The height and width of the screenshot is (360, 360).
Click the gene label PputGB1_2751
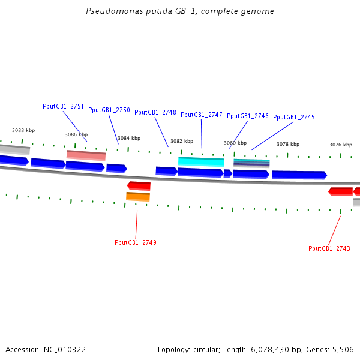63,106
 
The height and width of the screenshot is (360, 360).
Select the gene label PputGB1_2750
109,110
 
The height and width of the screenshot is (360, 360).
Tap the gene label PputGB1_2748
155,112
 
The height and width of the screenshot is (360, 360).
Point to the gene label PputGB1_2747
201,115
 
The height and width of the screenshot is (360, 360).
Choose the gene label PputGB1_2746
247,116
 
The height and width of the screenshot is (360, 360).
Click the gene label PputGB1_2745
293,117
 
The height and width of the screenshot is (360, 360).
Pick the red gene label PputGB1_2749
135,242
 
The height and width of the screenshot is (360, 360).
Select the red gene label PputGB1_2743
329,248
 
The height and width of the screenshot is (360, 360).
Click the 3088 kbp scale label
23,130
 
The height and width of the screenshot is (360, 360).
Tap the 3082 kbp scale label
182,141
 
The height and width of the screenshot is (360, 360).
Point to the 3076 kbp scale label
341,145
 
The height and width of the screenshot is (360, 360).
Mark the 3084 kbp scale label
129,138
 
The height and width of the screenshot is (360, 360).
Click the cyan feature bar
201,161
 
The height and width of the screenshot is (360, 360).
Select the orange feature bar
137,196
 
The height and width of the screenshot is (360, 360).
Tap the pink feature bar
86,155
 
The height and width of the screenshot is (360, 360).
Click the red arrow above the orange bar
139,186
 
